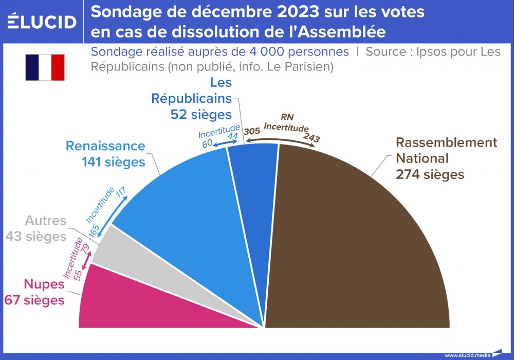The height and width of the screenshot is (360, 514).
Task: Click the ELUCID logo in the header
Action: (x=42, y=22)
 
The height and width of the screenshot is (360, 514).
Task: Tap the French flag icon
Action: (x=45, y=67)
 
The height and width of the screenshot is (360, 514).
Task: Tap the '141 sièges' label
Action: (x=113, y=161)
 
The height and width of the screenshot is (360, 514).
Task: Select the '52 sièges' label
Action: (x=201, y=114)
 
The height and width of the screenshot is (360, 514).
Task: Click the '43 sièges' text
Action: (x=36, y=237)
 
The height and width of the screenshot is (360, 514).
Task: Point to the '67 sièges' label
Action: (x=34, y=300)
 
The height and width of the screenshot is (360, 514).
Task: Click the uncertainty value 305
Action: (x=251, y=132)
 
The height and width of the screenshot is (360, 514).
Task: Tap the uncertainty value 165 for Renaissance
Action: (x=94, y=230)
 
